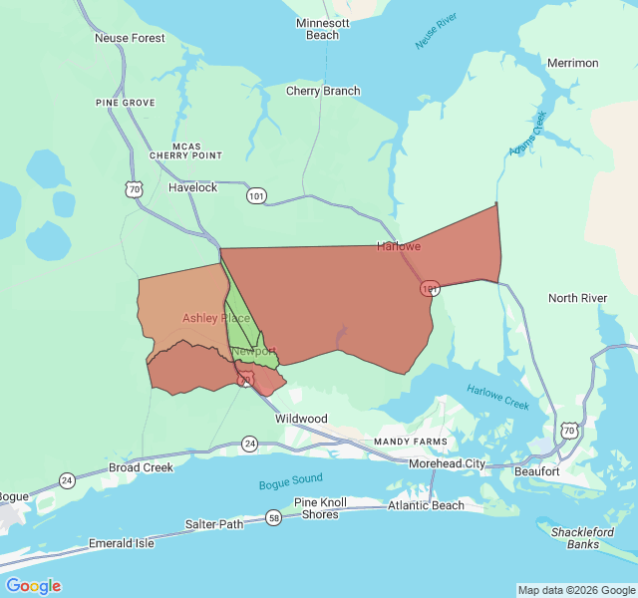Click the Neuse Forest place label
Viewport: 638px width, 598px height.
[130, 38]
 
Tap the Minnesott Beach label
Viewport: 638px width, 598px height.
[322, 29]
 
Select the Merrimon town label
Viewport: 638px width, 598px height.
[572, 63]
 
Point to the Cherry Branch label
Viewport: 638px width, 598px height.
[323, 91]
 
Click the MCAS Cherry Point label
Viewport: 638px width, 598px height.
[185, 150]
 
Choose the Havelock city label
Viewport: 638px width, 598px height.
[192, 187]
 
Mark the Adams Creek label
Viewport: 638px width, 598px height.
[528, 134]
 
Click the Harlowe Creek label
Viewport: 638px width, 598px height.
[498, 398]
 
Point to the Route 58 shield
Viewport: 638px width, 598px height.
[274, 517]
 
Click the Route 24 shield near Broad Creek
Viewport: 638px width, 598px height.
[67, 479]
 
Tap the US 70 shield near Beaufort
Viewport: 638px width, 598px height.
[568, 431]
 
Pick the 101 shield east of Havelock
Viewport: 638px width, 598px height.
[257, 196]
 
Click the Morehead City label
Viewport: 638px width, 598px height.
[447, 464]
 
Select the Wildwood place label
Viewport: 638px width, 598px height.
[301, 419]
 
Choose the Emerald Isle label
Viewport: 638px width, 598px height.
[121, 543]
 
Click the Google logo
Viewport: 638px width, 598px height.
[33, 586]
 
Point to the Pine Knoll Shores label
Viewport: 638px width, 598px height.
[320, 508]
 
